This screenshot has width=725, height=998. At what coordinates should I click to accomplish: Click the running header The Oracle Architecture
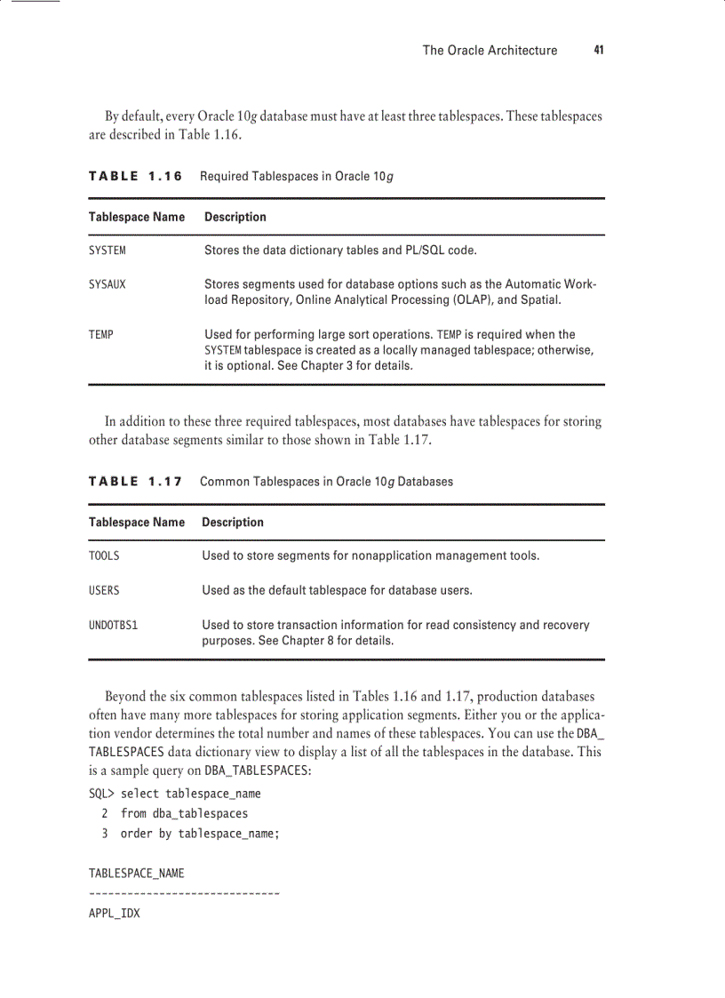tap(490, 51)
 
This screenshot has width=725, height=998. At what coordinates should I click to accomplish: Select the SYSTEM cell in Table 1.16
tap(107, 251)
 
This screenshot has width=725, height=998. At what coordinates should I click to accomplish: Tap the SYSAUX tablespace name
tap(107, 284)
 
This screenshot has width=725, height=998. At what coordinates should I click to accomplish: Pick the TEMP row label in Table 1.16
tap(100, 334)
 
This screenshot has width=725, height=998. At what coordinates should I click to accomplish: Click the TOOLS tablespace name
tap(104, 555)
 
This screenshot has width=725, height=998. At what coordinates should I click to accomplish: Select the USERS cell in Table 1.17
tap(104, 589)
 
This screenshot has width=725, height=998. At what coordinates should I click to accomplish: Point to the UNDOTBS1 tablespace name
tap(113, 625)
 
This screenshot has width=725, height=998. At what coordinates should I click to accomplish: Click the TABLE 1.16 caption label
tap(135, 176)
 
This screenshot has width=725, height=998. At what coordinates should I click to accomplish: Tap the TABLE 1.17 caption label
tap(135, 482)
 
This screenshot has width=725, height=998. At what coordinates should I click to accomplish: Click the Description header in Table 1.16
tap(235, 217)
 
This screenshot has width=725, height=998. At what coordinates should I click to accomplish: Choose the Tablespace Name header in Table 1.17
tap(137, 523)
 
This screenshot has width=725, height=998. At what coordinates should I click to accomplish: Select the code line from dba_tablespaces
tap(184, 813)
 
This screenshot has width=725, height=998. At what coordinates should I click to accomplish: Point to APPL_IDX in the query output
tap(114, 913)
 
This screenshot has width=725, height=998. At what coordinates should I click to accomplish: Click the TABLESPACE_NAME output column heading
tap(136, 874)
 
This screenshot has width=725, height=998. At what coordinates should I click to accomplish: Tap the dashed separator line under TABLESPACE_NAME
tap(184, 891)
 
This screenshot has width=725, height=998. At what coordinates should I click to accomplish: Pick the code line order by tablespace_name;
tap(200, 834)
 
